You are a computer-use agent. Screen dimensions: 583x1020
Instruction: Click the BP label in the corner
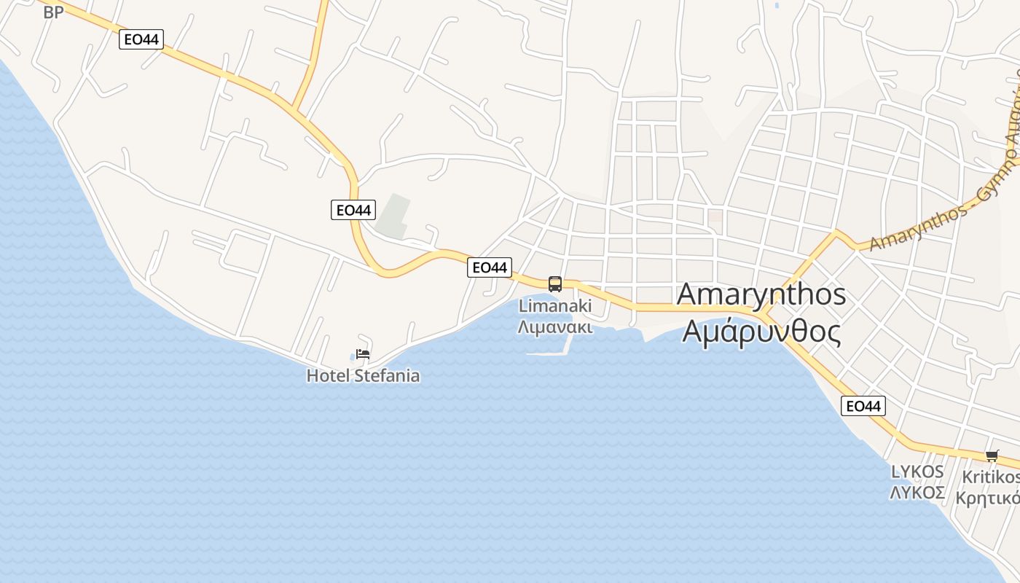pyautogui.click(x=53, y=12)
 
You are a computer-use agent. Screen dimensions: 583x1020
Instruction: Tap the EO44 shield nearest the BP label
pyautogui.click(x=141, y=39)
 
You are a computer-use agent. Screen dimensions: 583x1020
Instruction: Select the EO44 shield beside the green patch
pyautogui.click(x=353, y=210)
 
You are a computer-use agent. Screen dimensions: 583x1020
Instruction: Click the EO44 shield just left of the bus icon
pyautogui.click(x=490, y=267)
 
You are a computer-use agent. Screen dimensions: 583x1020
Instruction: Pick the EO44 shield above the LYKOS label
pyautogui.click(x=863, y=406)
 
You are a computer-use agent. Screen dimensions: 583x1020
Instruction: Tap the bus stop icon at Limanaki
pyautogui.click(x=555, y=284)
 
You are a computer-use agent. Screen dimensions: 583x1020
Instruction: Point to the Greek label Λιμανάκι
pyautogui.click(x=555, y=326)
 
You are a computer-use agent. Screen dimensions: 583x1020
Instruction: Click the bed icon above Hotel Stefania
pyautogui.click(x=363, y=354)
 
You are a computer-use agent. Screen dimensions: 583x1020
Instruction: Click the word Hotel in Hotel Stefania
pyautogui.click(x=328, y=376)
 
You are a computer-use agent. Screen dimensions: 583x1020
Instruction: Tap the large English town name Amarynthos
pyautogui.click(x=761, y=294)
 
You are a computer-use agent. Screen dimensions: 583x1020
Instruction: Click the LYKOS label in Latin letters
pyautogui.click(x=917, y=472)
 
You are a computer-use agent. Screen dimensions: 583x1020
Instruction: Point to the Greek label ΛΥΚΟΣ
pyautogui.click(x=917, y=493)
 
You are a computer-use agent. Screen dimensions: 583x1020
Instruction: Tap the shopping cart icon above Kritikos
pyautogui.click(x=992, y=456)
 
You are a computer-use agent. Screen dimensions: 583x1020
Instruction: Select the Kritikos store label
pyautogui.click(x=991, y=477)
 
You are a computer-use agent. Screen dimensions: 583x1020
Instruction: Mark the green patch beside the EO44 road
pyautogui.click(x=394, y=216)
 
